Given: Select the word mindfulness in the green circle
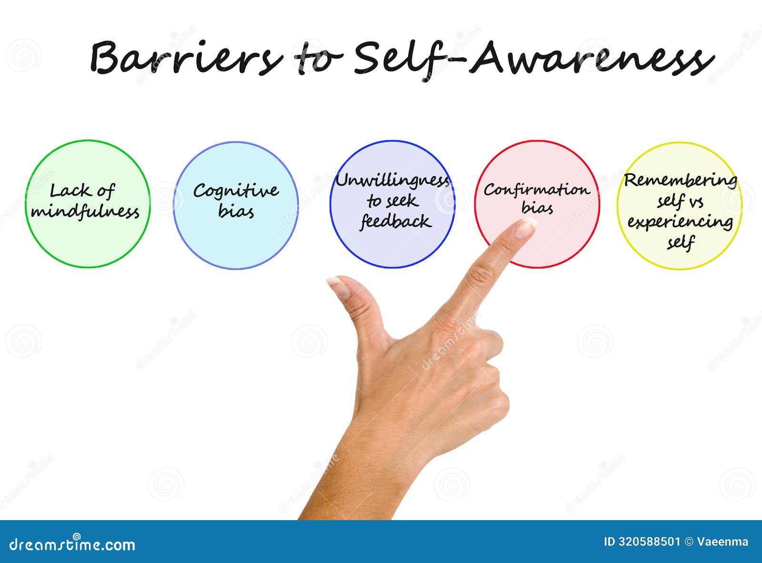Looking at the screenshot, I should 85,211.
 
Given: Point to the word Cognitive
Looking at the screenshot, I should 236,191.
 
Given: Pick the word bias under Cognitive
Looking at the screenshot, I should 236,211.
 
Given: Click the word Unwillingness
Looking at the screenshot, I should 392,181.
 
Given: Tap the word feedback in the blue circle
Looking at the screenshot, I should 395,221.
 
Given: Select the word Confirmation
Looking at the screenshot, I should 537,190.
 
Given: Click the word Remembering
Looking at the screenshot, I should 681,180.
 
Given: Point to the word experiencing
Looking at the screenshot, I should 680,222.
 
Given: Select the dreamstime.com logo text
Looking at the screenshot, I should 72,544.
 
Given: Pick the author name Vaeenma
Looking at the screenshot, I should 722,542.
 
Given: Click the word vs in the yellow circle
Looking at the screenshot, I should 696,201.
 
